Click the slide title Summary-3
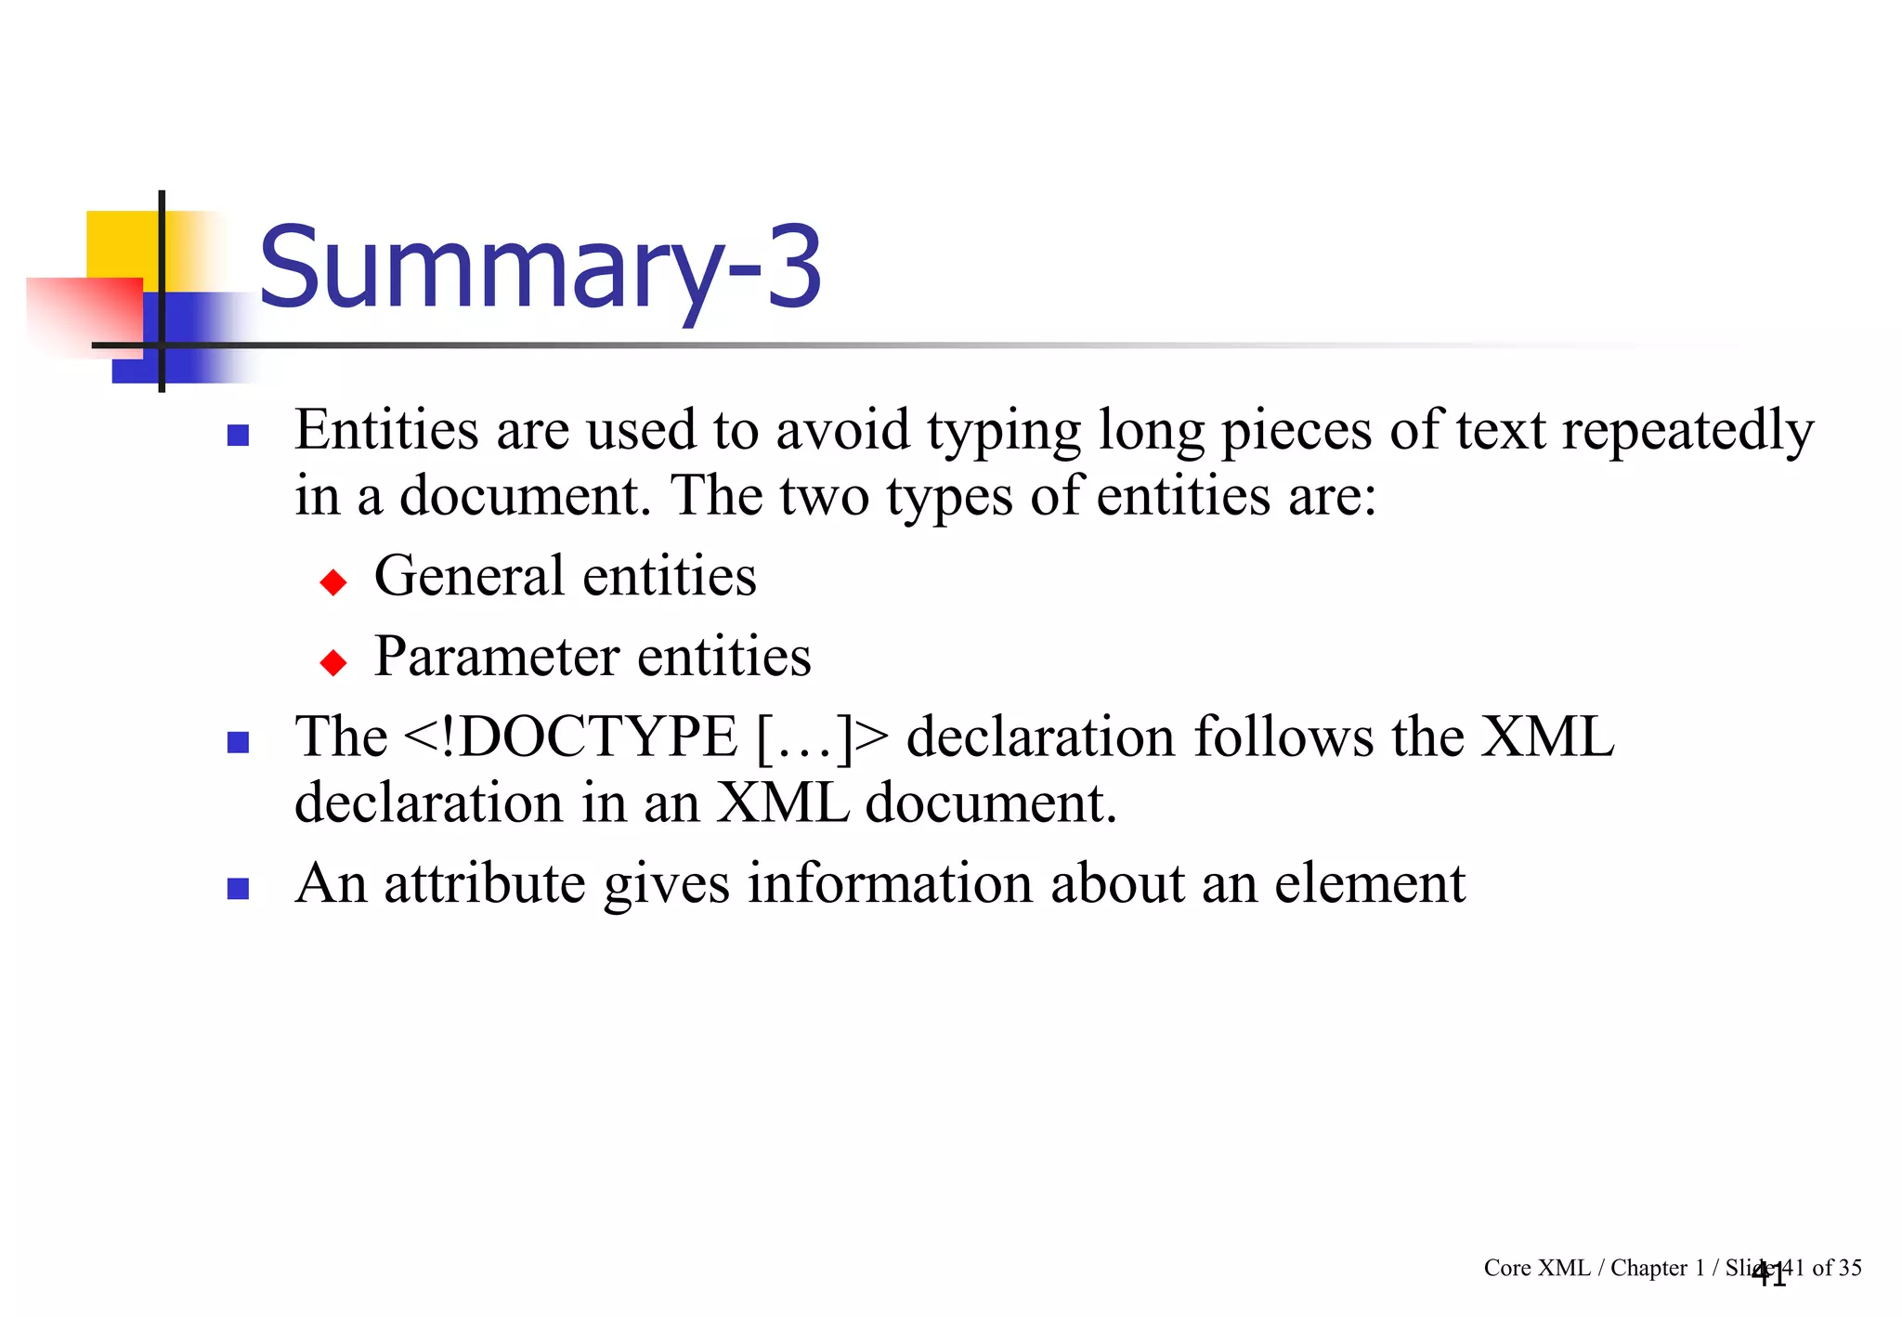pyautogui.click(x=540, y=268)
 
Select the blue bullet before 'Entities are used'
pyautogui.click(x=239, y=435)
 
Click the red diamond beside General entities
pyautogui.click(x=332, y=582)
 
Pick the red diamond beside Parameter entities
pyautogui.click(x=332, y=662)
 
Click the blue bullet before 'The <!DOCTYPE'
pyautogui.click(x=239, y=742)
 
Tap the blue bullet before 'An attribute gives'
pyautogui.click(x=239, y=889)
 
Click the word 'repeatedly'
pyautogui.click(x=1687, y=432)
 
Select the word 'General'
pyautogui.click(x=469, y=577)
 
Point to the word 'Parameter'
pyautogui.click(x=497, y=658)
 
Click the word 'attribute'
pyautogui.click(x=485, y=884)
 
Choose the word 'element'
pyautogui.click(x=1370, y=884)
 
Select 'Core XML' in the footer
pyautogui.click(x=1536, y=1268)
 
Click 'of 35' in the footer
pyautogui.click(x=1836, y=1268)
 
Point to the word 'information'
pyautogui.click(x=890, y=884)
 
